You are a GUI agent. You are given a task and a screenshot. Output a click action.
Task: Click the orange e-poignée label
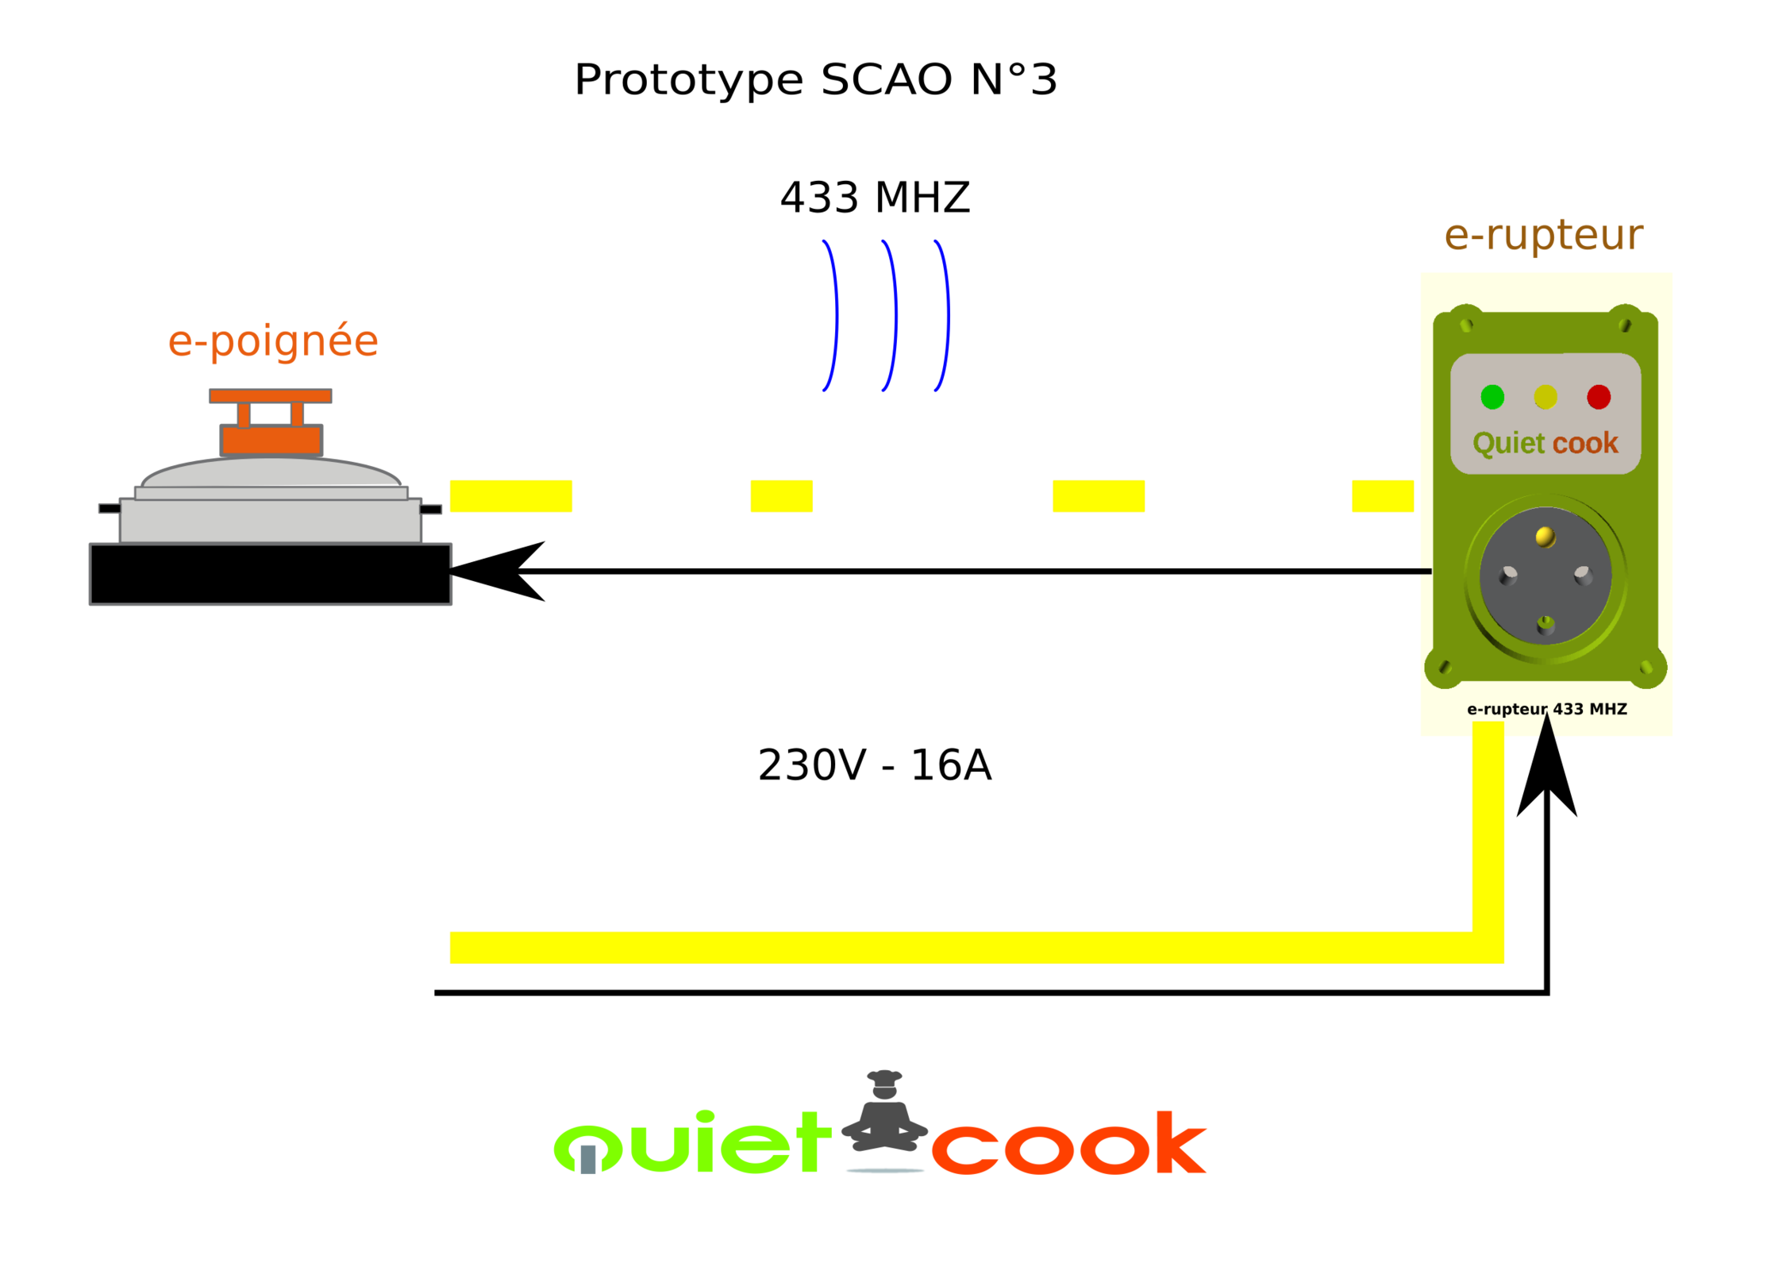tap(272, 342)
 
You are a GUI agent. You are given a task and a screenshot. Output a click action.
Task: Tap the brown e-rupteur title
tap(1543, 236)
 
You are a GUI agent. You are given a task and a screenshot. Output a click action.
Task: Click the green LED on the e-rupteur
tap(1492, 397)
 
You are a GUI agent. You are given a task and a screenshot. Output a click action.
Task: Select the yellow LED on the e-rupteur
tap(1545, 397)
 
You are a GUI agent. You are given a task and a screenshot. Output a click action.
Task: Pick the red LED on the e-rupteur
tap(1599, 397)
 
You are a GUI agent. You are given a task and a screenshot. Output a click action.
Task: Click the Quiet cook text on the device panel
tap(1545, 443)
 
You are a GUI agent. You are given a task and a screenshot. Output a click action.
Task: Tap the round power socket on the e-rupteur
tap(1545, 578)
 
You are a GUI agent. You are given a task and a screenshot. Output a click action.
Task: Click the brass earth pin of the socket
tap(1545, 537)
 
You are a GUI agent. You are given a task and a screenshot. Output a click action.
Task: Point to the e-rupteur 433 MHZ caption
tap(1546, 709)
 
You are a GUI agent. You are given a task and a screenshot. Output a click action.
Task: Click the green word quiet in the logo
tap(691, 1143)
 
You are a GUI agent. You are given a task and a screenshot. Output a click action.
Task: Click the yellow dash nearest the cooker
tap(510, 496)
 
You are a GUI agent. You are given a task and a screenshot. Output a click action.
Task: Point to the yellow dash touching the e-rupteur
tap(1382, 496)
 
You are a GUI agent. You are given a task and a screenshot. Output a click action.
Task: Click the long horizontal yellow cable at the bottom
tap(953, 948)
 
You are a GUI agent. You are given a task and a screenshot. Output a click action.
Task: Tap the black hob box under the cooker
tap(270, 575)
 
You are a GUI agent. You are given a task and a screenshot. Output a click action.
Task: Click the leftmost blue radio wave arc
tap(832, 314)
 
